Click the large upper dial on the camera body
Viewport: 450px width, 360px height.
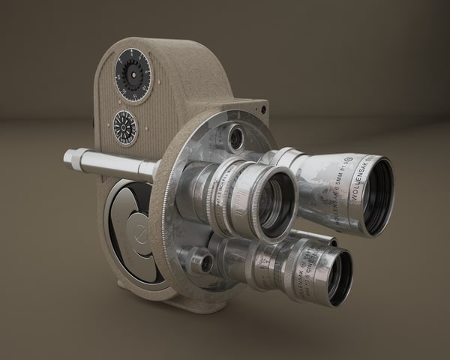133,77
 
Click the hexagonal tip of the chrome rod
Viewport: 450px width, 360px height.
73,158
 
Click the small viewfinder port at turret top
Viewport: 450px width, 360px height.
236,137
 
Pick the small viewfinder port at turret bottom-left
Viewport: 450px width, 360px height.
201,262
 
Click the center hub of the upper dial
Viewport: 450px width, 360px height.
133,77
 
